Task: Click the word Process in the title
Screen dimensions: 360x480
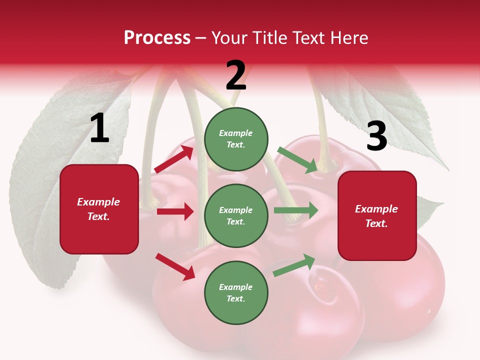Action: (157, 38)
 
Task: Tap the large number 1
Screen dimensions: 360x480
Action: (99, 128)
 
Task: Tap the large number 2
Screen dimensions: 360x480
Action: (236, 76)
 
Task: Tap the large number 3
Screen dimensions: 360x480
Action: (376, 136)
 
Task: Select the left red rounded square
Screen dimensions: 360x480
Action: (99, 209)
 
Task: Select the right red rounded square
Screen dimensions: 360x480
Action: (377, 215)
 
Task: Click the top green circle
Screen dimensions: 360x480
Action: (236, 139)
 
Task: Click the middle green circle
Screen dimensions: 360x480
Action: (236, 215)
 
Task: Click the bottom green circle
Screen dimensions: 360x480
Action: (236, 292)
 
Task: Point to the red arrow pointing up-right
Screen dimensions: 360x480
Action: (174, 159)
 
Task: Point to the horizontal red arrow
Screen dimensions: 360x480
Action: (175, 211)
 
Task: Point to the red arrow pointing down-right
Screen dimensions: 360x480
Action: (175, 266)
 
